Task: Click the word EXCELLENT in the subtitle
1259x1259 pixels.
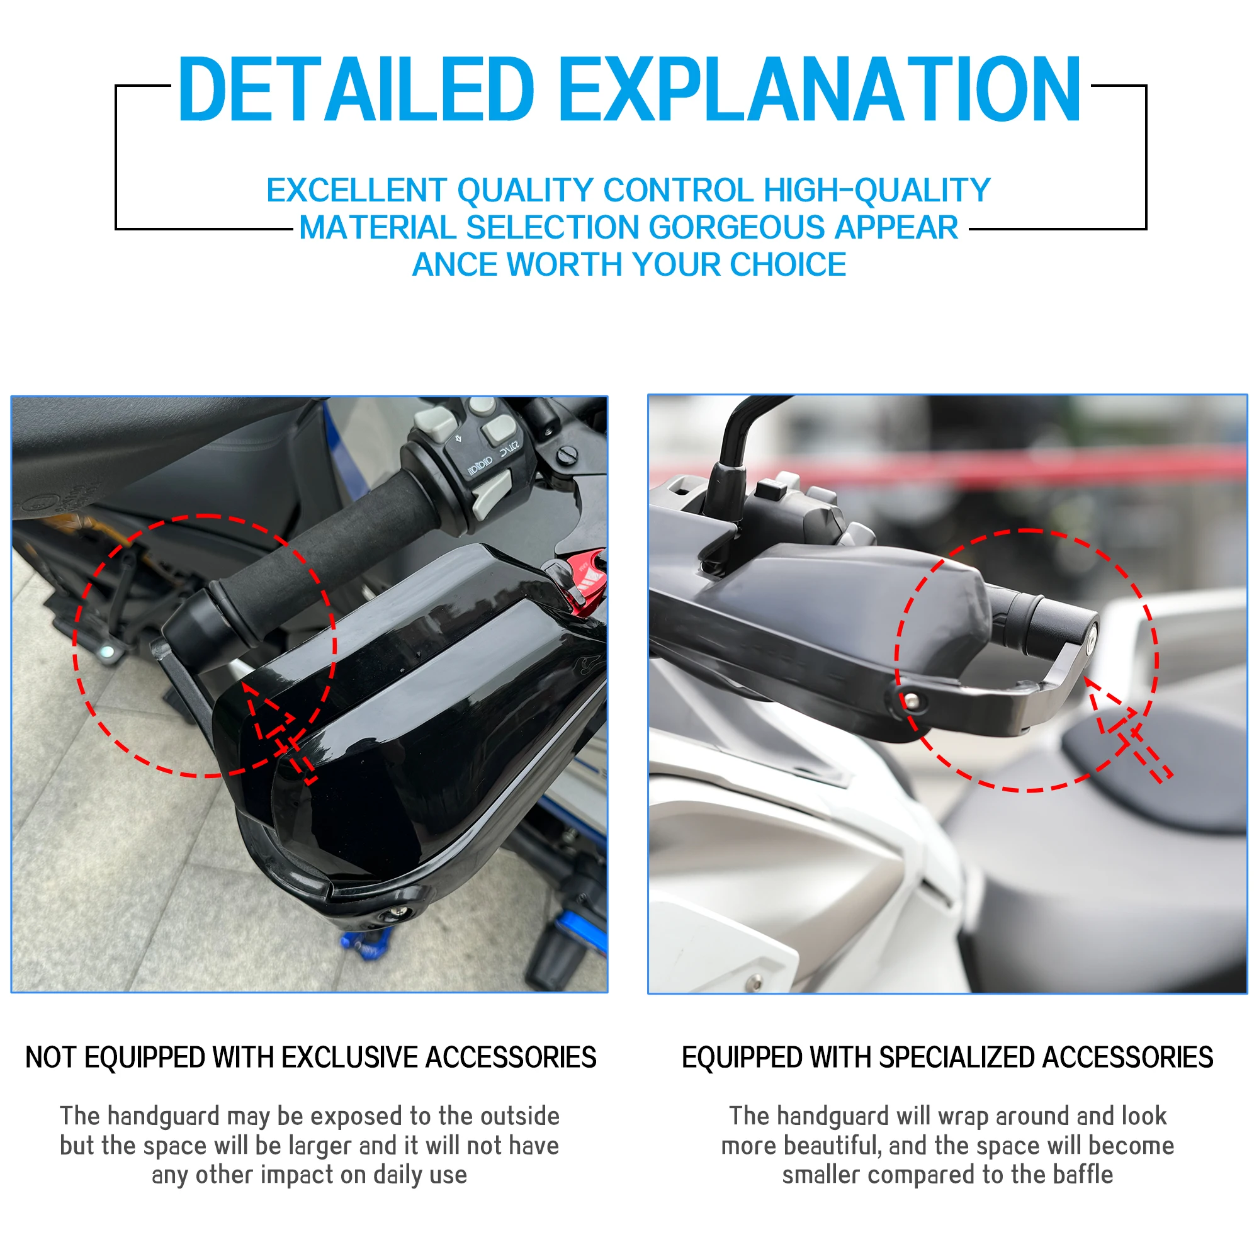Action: coord(356,190)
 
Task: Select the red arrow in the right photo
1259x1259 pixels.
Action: coord(1124,723)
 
